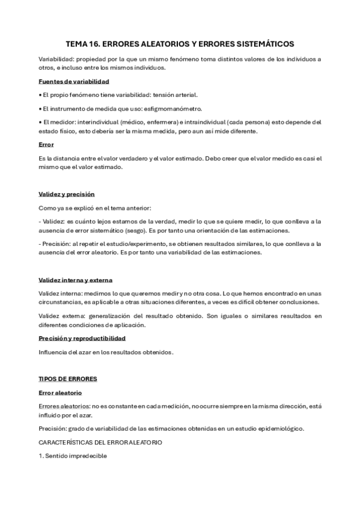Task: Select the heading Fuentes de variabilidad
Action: coord(73,81)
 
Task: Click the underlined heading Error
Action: coord(46,145)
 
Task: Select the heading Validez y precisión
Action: coord(66,194)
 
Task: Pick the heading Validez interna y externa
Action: coord(75,280)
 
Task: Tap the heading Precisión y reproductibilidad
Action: coord(82,339)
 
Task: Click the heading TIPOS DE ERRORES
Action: coord(67,379)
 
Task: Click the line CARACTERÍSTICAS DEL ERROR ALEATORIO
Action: coord(100,442)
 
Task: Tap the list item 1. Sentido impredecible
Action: coord(72,456)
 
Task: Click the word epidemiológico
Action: coord(276,428)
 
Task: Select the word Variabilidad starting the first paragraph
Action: coord(56,59)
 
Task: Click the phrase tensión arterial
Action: coord(174,95)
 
